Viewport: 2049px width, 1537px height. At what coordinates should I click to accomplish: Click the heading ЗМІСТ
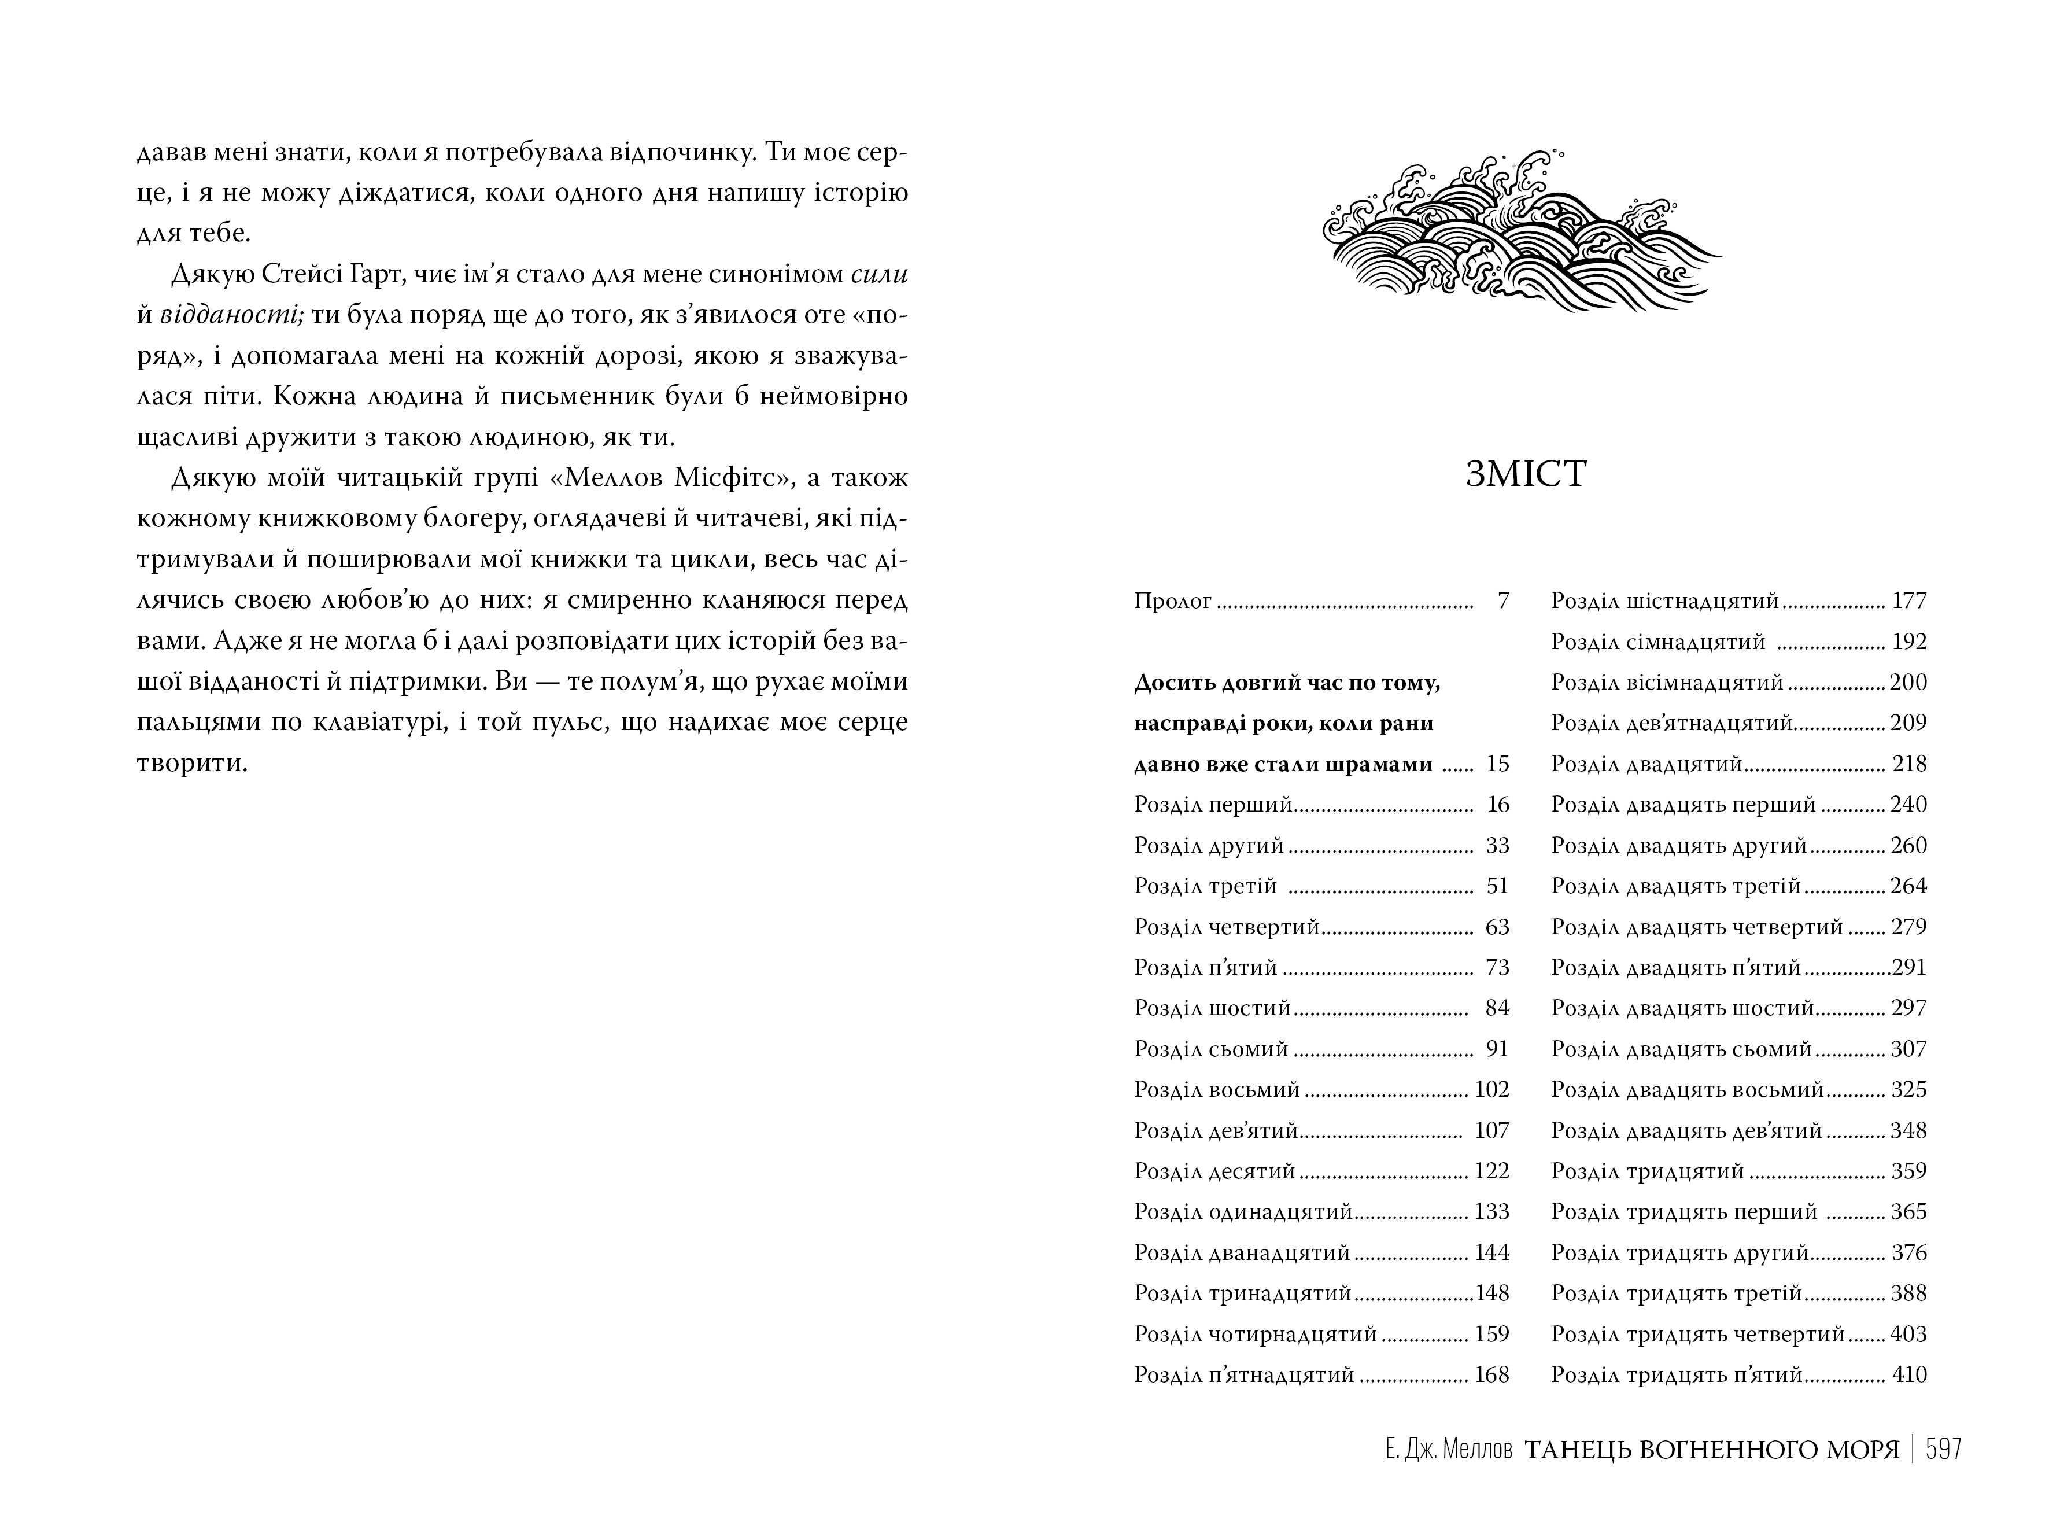[x=1527, y=474]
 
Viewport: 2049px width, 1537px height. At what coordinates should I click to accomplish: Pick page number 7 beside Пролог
[x=1502, y=601]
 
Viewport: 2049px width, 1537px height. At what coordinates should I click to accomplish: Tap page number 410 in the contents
[x=1909, y=1375]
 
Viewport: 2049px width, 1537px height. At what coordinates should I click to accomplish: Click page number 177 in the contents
[x=1909, y=601]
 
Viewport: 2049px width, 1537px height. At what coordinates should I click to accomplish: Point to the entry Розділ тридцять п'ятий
[x=1677, y=1375]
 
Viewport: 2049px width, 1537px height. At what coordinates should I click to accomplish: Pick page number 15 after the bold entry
[x=1497, y=764]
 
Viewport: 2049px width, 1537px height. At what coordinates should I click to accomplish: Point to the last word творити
[x=192, y=764]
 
